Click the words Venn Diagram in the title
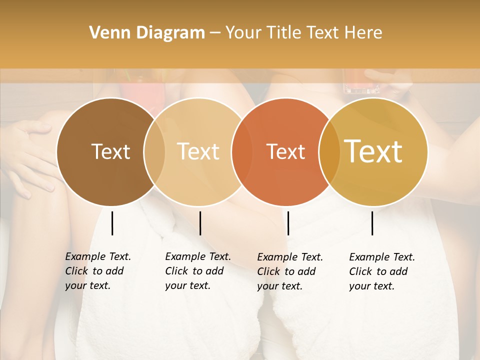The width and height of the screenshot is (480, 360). tap(146, 33)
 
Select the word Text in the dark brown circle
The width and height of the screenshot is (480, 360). tap(110, 151)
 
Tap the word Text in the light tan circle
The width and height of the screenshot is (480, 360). tap(198, 151)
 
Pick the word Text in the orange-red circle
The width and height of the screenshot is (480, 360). tap(285, 152)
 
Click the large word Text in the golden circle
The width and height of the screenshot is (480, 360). tap(373, 151)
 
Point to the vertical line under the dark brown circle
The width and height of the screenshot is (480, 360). tap(112, 223)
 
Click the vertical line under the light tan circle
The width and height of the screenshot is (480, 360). tap(200, 223)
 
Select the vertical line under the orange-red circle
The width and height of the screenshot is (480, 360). tap(288, 223)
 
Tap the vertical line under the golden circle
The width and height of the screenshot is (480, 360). tap(372, 223)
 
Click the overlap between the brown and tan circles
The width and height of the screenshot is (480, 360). tap(154, 151)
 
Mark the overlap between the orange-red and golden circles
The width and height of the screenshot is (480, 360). tap(329, 151)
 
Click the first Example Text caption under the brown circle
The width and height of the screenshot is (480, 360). tap(98, 271)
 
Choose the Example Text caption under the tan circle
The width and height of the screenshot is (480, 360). tap(198, 271)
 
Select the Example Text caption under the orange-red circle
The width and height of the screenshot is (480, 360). tap(290, 271)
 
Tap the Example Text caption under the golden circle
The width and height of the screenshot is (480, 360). tap(382, 271)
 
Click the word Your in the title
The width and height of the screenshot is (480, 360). tap(243, 33)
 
